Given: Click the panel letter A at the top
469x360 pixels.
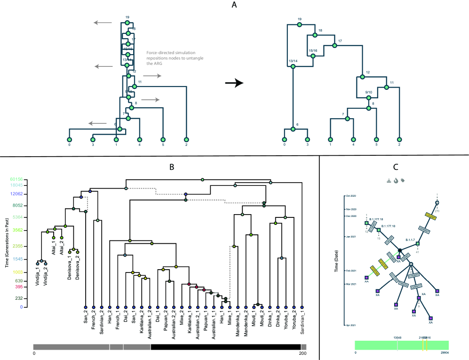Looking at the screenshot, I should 234,5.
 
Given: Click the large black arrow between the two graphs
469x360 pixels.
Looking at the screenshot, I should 234,83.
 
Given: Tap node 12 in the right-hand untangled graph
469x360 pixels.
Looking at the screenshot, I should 362,76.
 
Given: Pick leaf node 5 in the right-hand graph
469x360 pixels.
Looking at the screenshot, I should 376,139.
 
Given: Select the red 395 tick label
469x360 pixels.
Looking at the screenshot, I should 18,287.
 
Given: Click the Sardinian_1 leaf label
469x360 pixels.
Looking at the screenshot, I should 302,325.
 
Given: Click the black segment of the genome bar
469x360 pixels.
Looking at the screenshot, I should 226,347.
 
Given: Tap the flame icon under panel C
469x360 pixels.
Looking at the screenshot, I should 396,180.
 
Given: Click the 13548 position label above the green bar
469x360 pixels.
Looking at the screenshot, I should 397,337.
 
